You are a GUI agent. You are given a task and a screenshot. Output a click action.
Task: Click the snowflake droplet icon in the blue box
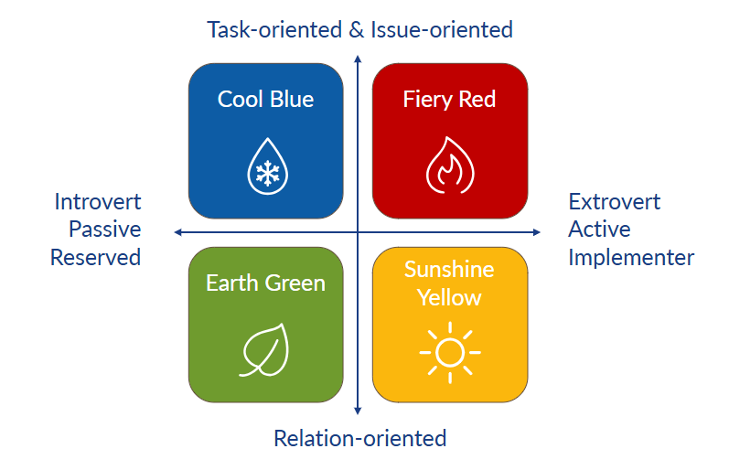coord(266,166)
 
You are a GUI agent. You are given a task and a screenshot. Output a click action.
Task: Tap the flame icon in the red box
coord(449,166)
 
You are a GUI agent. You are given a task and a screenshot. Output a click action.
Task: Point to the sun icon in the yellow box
coord(449,352)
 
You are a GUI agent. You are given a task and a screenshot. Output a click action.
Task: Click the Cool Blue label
coord(265,99)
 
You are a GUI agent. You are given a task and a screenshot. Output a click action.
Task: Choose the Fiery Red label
coord(449,99)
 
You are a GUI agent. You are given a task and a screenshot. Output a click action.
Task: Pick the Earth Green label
coord(265,283)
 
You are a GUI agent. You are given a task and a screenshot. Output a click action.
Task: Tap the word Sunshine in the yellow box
coord(449,270)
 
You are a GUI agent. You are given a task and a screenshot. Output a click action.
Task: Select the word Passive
coord(104,229)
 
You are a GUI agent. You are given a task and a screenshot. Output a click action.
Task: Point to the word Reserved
coord(95,257)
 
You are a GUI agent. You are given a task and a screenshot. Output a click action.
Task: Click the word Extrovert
coord(614,201)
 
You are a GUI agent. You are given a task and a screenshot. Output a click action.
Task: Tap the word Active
coord(599,229)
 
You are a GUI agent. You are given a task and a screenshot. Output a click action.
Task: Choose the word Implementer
coord(631,257)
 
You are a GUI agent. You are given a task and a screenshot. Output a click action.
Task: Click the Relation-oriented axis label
coord(359,438)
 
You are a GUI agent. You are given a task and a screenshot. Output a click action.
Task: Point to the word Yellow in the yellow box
coord(449,297)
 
